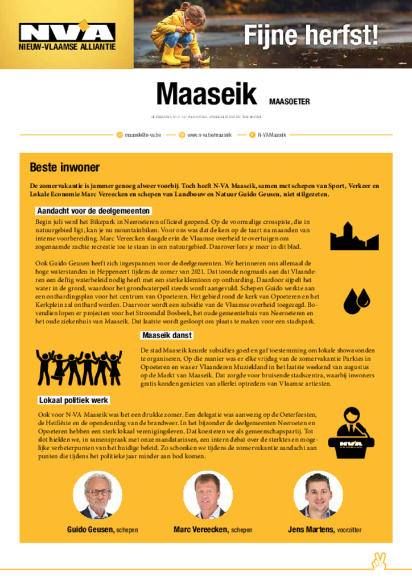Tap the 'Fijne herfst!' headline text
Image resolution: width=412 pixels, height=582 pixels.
311,36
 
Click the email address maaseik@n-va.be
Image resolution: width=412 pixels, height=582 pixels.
143,135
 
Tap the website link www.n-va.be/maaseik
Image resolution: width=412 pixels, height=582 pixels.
209,135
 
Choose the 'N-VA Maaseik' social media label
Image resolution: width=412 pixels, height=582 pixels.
271,135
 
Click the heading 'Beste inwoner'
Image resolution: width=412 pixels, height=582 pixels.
64,168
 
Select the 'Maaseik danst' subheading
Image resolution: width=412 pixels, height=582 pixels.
167,335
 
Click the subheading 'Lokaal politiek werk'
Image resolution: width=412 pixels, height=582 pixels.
73,400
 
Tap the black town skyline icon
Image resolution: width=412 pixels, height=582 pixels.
354,236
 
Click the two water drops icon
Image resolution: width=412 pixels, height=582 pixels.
356,301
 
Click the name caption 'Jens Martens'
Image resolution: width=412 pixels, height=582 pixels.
311,530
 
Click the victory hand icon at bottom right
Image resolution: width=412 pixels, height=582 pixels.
378,560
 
